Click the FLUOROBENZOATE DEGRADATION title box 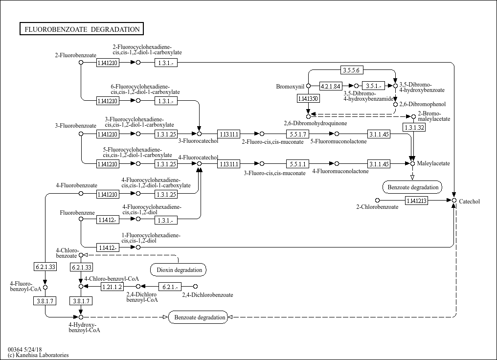(81, 29)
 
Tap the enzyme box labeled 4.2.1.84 (330, 86)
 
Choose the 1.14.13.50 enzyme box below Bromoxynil (308, 99)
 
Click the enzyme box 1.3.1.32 (413, 127)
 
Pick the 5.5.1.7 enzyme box (298, 134)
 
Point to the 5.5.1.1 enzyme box (298, 164)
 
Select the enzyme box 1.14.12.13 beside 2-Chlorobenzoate (416, 200)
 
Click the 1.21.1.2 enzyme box (112, 286)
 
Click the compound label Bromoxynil (290, 87)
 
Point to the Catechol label (469, 202)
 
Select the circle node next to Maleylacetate (412, 163)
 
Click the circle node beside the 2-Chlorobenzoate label (377, 200)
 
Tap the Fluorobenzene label (73, 213)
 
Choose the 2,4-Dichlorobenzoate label (207, 295)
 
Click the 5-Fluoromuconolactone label (338, 141)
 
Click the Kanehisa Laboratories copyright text (38, 355)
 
